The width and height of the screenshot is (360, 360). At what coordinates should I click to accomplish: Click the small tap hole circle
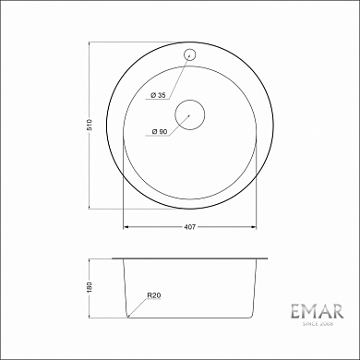(x=191, y=53)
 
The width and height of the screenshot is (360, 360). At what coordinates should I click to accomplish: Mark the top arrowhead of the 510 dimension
(x=96, y=42)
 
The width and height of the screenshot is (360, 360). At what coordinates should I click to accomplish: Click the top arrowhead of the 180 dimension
(x=96, y=260)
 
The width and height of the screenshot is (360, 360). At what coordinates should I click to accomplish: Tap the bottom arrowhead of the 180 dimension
(x=96, y=316)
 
